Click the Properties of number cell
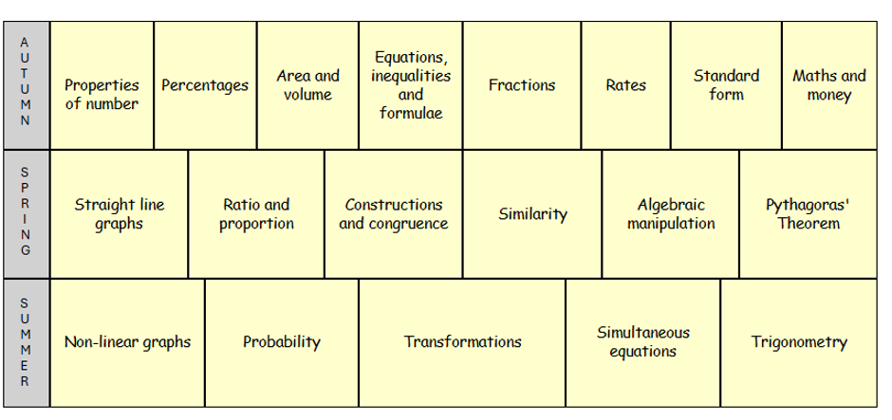[x=102, y=86]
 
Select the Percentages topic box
[x=205, y=86]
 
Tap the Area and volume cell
[x=307, y=86]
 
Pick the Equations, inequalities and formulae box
[x=411, y=86]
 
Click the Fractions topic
[x=522, y=86]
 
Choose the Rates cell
[x=625, y=86]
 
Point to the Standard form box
[x=727, y=86]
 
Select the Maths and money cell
[x=829, y=86]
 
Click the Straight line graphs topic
[x=119, y=214]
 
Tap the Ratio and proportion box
[x=256, y=214]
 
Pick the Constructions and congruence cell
[x=394, y=214]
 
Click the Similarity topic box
[x=532, y=214]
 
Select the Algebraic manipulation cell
[x=671, y=214]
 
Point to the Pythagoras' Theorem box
[x=808, y=214]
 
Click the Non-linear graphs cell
[x=127, y=342]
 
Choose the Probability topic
[x=282, y=342]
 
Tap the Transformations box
[x=462, y=342]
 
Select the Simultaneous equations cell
[x=643, y=342]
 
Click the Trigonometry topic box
[x=799, y=342]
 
